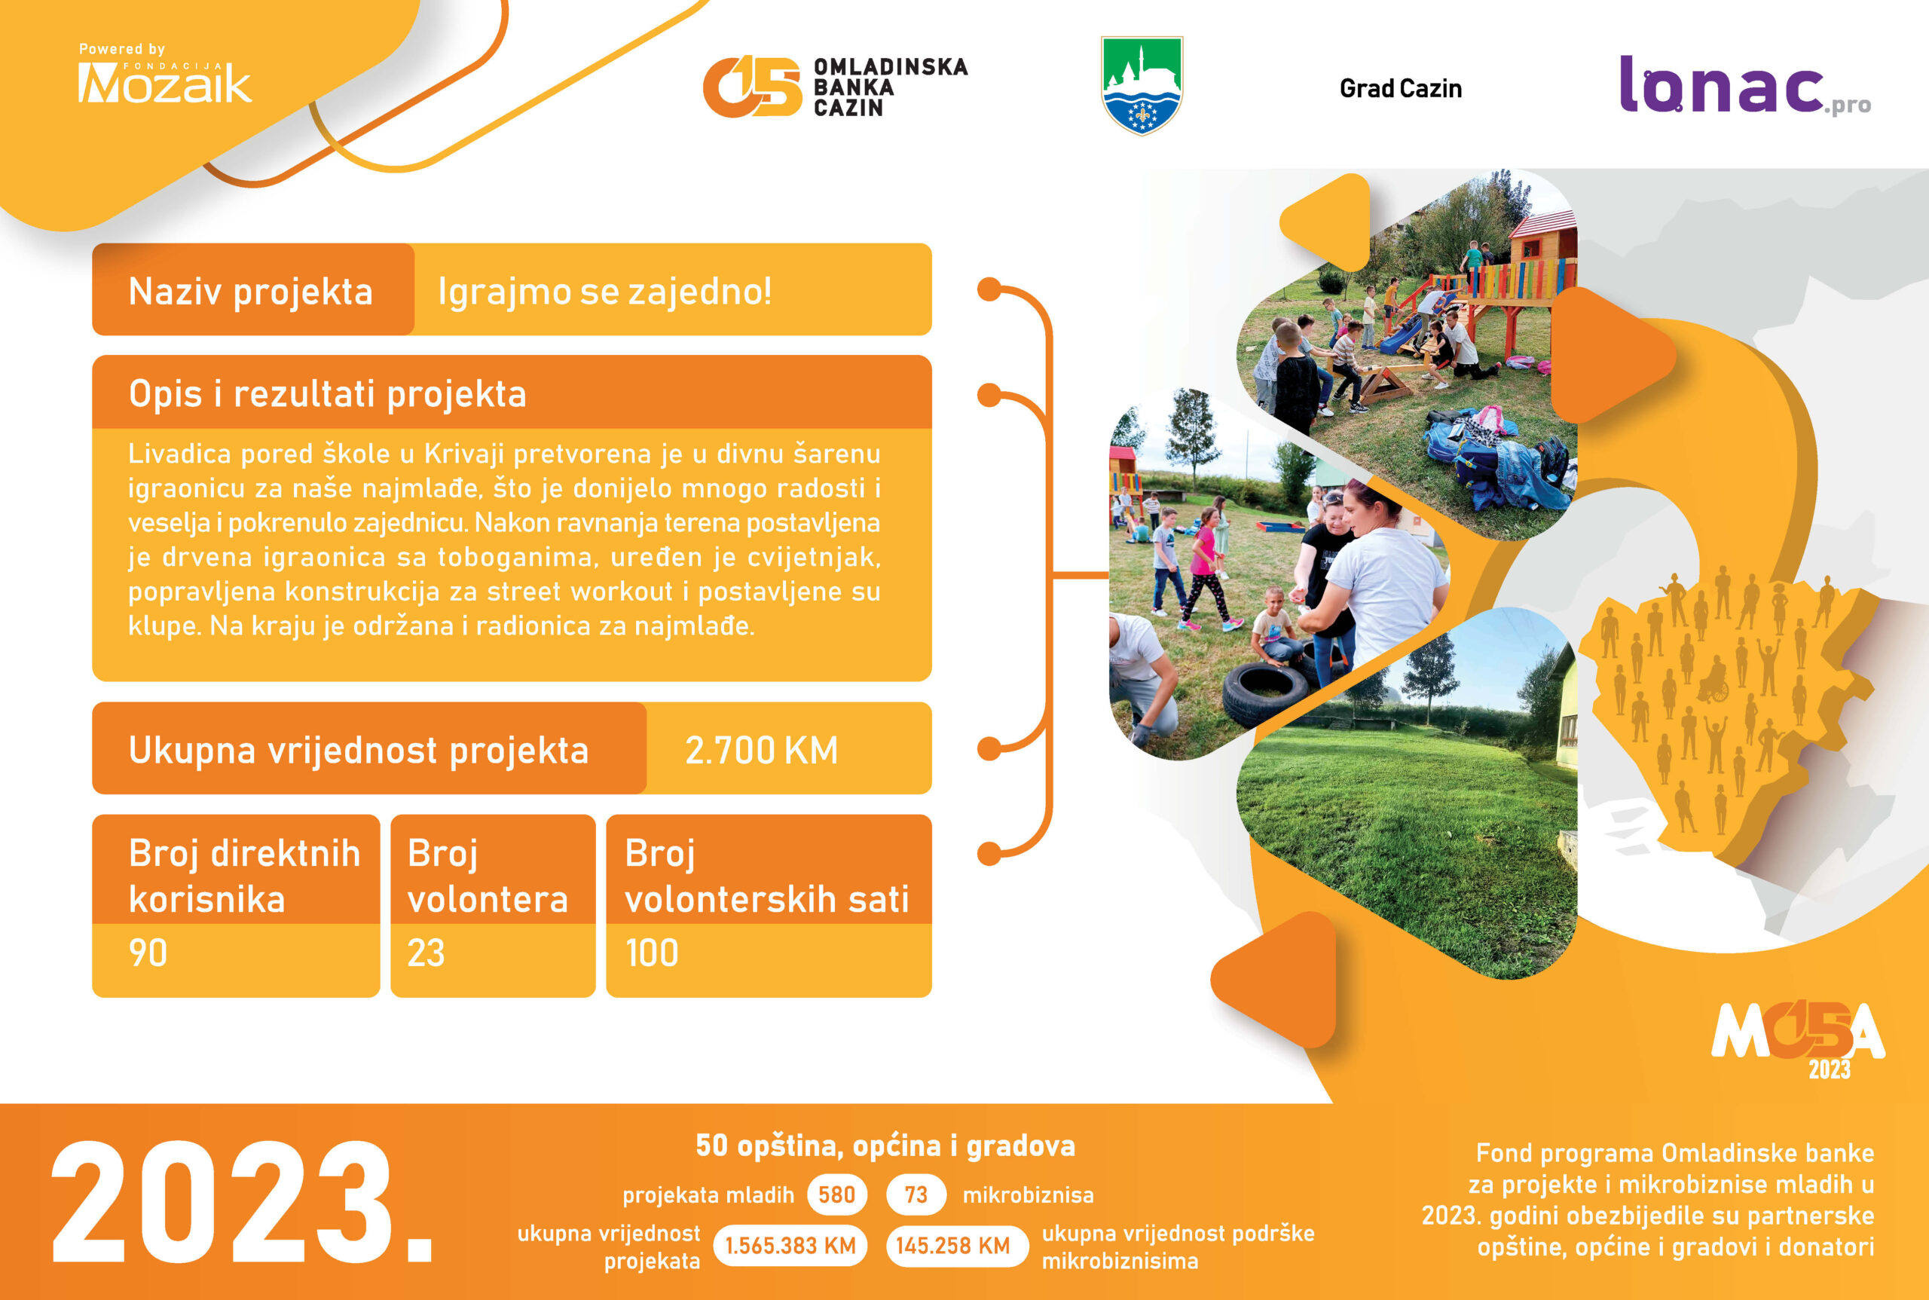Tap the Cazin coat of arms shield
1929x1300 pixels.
tap(1142, 84)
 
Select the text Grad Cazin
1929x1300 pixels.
tap(1400, 89)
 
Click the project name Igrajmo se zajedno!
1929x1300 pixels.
tap(604, 291)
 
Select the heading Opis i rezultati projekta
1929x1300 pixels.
tap(328, 394)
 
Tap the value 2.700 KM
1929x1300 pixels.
tap(761, 751)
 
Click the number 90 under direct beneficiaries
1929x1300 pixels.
tap(148, 953)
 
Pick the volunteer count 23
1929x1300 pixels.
tap(426, 953)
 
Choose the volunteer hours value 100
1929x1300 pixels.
tap(652, 953)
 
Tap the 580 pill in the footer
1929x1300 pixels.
tap(836, 1194)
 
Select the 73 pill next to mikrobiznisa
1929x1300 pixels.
tap(916, 1194)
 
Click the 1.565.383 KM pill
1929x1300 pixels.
tap(790, 1246)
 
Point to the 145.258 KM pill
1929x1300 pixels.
tap(952, 1246)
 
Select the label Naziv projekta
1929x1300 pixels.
tap(250, 292)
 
